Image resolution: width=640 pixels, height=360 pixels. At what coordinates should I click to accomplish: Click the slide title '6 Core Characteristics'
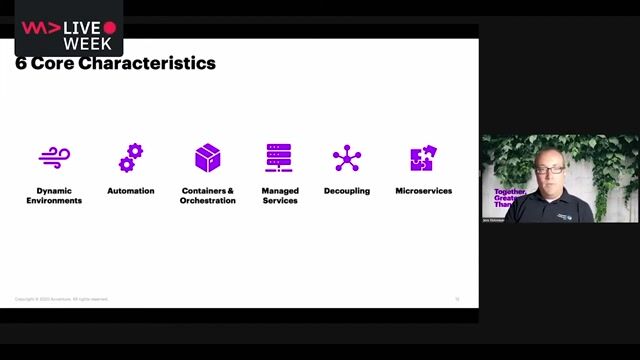(115, 64)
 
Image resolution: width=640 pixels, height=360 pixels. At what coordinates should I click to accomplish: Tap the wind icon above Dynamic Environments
(54, 158)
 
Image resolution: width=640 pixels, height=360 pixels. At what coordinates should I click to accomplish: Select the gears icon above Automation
(131, 157)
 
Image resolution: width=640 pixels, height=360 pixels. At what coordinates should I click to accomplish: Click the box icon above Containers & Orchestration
(208, 157)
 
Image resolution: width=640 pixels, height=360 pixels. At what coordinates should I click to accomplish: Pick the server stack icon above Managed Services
(279, 158)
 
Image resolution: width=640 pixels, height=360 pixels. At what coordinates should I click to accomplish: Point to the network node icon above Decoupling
(347, 158)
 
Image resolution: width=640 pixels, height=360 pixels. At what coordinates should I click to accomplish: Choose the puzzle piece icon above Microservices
(423, 158)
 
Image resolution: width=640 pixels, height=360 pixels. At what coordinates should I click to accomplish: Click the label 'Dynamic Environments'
(54, 195)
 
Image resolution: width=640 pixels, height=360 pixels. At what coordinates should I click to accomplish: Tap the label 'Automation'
(131, 190)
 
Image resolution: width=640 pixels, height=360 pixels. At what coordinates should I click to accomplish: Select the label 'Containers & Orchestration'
(208, 195)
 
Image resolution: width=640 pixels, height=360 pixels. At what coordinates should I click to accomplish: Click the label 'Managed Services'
(279, 195)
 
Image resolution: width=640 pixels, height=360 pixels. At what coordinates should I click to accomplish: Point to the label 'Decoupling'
(347, 190)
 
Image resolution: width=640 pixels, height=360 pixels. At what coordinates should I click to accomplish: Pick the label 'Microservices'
(423, 190)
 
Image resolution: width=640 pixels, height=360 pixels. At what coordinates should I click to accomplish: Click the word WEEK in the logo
(87, 44)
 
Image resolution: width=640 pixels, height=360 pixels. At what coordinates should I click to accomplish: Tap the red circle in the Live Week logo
(110, 27)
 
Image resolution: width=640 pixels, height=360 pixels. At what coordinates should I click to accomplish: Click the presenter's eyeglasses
(549, 169)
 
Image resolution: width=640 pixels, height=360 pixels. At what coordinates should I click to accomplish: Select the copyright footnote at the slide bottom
(62, 298)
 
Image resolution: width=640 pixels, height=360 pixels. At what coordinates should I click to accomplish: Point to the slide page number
(457, 298)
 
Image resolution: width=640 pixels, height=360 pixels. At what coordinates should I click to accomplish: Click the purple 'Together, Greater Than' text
(508, 198)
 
